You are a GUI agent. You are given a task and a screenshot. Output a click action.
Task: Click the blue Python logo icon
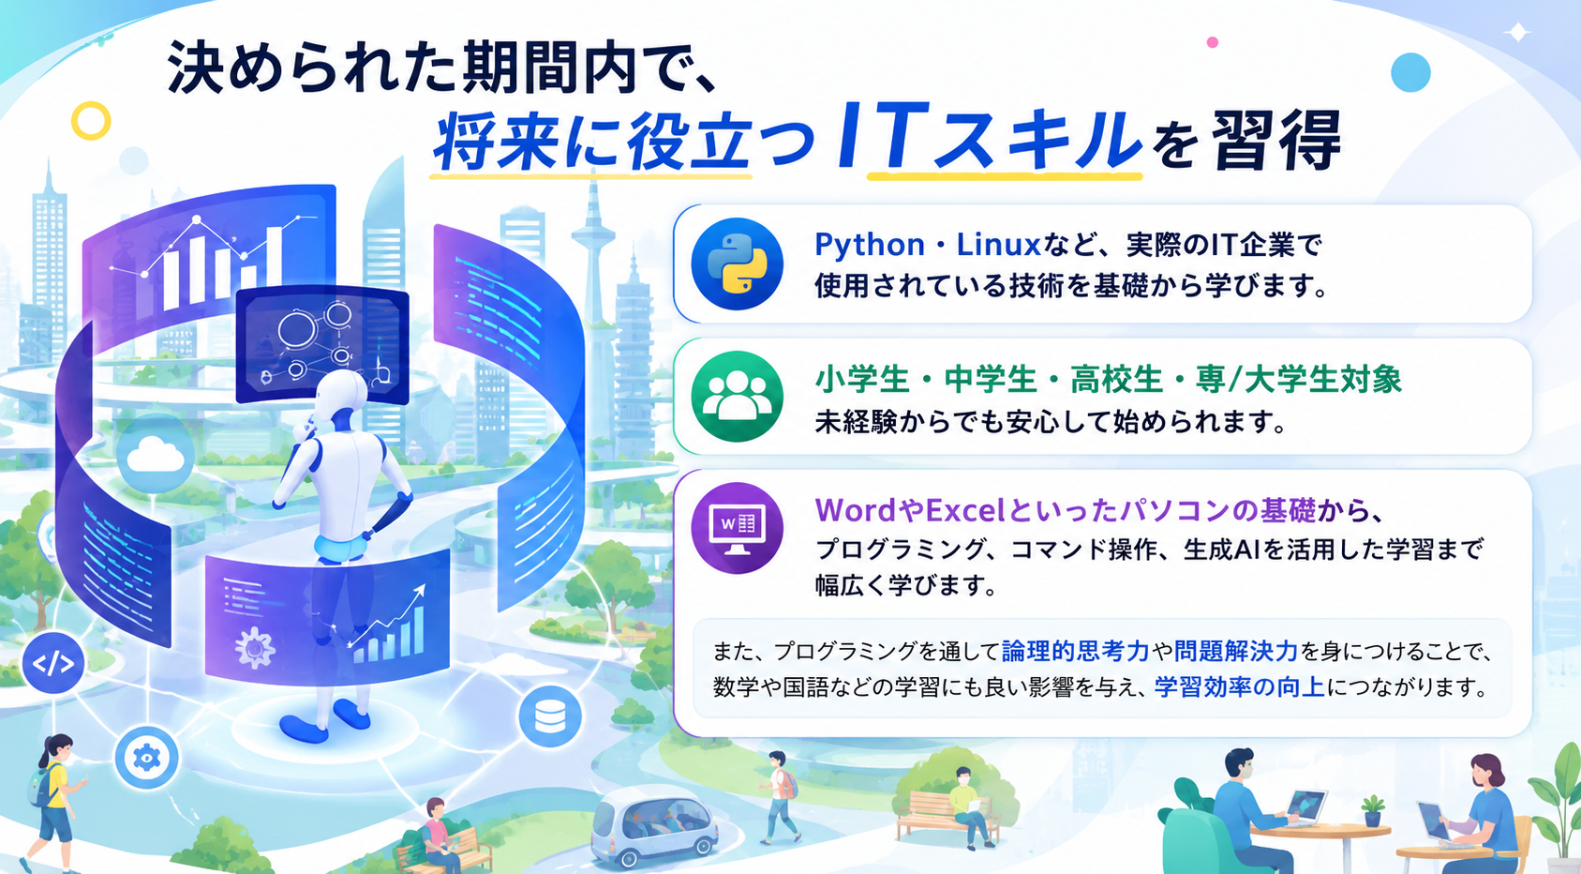[x=737, y=264]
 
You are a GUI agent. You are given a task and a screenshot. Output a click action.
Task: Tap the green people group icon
[x=737, y=396]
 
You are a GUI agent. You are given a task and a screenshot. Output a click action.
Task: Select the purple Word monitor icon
[x=737, y=528]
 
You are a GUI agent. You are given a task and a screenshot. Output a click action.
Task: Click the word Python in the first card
[x=869, y=245]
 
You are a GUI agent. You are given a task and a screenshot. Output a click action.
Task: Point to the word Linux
[x=998, y=245]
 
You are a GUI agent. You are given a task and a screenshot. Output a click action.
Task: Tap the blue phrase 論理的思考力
[x=1075, y=650]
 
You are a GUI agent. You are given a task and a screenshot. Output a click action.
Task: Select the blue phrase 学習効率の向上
[x=1240, y=686]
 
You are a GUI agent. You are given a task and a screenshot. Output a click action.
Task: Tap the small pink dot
[x=1212, y=42]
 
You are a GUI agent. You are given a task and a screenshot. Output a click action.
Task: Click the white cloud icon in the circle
[x=156, y=456]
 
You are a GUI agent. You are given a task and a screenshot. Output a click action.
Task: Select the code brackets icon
[x=52, y=664]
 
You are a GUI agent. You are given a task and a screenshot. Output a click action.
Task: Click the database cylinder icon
[x=550, y=716]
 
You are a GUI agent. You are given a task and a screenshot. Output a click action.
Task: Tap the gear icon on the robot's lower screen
[x=254, y=647]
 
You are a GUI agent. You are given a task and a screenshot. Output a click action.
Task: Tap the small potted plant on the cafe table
[x=1372, y=811]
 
